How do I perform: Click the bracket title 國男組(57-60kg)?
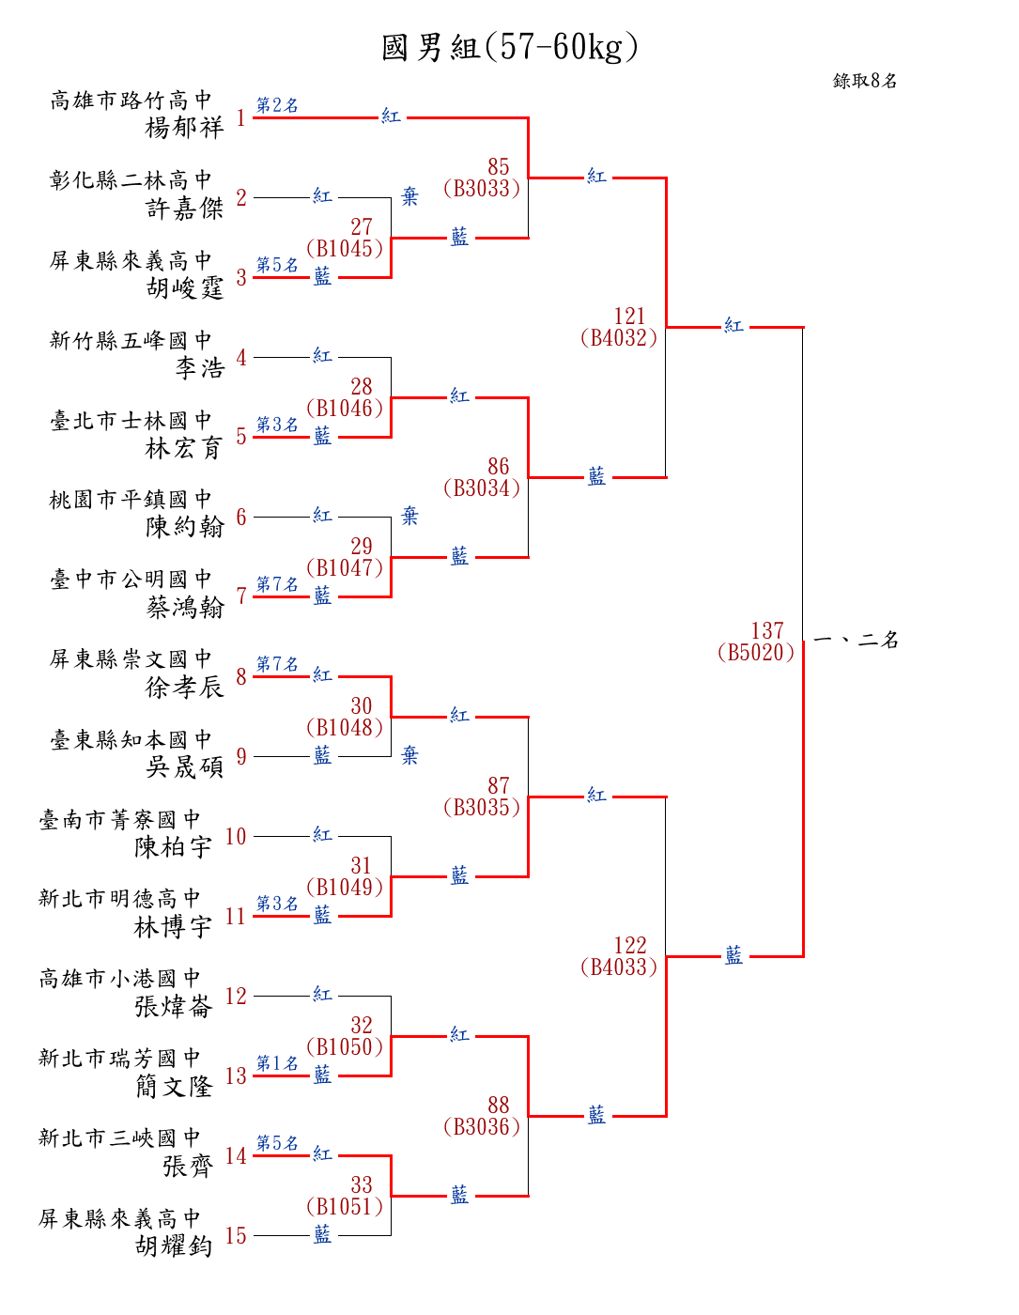click(510, 47)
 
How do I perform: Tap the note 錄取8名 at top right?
click(865, 81)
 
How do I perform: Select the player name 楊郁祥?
click(184, 127)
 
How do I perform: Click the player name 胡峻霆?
click(184, 287)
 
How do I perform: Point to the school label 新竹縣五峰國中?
click(131, 340)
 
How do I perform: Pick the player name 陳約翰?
click(184, 527)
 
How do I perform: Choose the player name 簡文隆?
click(174, 1087)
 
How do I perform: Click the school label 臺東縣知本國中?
click(131, 739)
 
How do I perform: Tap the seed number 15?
click(236, 1236)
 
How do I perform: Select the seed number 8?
click(241, 677)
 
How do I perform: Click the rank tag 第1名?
click(277, 1063)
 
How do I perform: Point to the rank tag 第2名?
click(277, 105)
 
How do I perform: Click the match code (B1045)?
click(345, 249)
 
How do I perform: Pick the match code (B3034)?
click(481, 488)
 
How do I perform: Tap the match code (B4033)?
click(619, 967)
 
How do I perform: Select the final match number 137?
click(767, 630)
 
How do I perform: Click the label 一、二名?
click(856, 641)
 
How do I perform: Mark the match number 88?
click(499, 1105)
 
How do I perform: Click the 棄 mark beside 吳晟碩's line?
click(409, 755)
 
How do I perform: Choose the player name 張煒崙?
click(174, 1007)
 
